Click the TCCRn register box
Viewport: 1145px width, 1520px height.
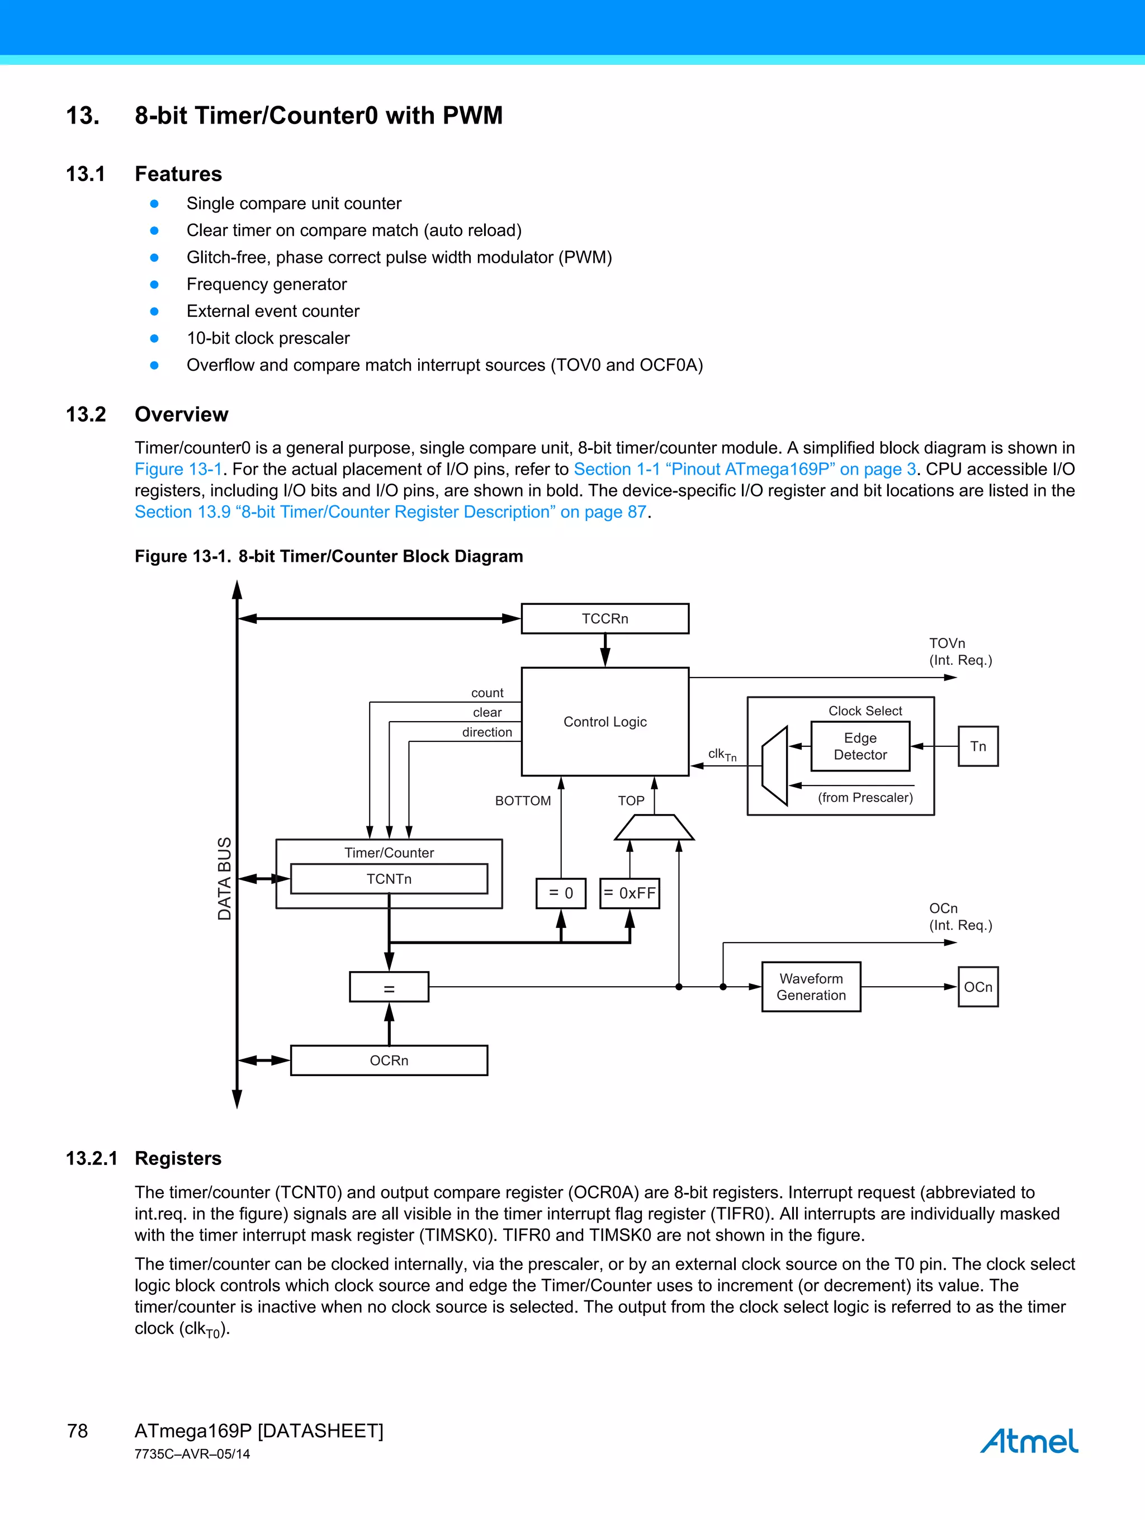pos(605,618)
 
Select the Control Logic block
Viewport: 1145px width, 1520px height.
pos(605,722)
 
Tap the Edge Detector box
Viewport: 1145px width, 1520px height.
pos(860,746)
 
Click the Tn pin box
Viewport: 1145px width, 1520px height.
pos(977,746)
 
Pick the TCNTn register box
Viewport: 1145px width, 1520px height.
pos(389,879)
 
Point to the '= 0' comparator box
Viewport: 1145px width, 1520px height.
pos(561,893)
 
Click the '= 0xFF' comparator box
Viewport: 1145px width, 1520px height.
pos(630,893)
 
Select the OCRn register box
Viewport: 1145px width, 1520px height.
pos(389,1060)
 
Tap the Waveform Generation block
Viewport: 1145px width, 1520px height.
pos(811,987)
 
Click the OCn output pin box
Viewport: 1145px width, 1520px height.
pos(977,987)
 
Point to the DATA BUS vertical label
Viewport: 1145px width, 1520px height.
pos(225,878)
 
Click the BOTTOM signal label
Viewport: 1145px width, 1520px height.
pos(523,801)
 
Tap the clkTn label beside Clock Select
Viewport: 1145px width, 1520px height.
pos(722,755)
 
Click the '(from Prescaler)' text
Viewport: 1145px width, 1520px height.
pos(864,797)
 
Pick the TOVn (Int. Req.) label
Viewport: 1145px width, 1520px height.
pos(960,651)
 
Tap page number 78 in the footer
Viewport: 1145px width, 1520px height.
pos(78,1431)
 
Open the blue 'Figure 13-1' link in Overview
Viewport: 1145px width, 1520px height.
pos(178,470)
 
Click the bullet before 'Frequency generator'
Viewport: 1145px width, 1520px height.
pos(155,285)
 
